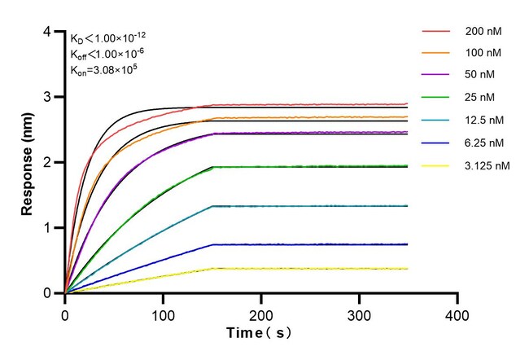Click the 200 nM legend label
point(483,32)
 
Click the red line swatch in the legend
point(437,32)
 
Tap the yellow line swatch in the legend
point(437,166)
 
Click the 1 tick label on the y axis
point(49,228)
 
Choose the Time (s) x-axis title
point(260,334)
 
